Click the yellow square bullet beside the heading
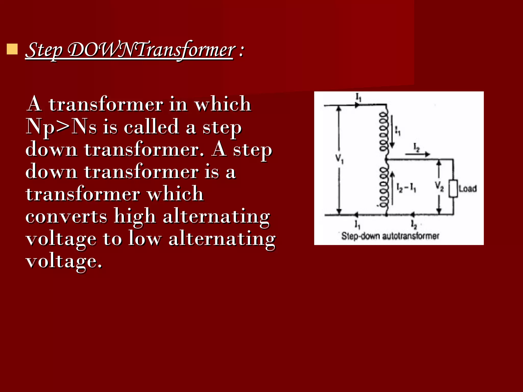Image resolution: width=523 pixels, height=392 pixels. point(12,49)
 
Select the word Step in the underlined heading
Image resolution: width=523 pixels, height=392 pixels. point(44,50)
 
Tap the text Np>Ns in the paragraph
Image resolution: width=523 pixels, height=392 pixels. point(61,127)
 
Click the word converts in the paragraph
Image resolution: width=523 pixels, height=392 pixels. point(66,216)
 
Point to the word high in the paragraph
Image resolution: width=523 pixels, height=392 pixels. point(135,216)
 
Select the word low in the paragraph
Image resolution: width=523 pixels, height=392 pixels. point(145,239)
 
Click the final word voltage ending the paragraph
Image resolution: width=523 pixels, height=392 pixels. point(64,261)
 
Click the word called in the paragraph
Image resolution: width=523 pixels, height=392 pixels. point(151,127)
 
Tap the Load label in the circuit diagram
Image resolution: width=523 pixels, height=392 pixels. point(468,189)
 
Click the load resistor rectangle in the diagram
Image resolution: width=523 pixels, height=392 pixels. point(453,189)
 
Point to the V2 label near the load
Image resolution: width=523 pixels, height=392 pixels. point(439,186)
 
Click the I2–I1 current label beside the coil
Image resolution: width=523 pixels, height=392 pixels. point(406,188)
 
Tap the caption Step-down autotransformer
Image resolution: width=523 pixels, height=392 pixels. point(390,236)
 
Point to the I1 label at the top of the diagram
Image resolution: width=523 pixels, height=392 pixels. point(359,97)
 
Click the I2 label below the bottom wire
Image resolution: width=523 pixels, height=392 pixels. point(414,224)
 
